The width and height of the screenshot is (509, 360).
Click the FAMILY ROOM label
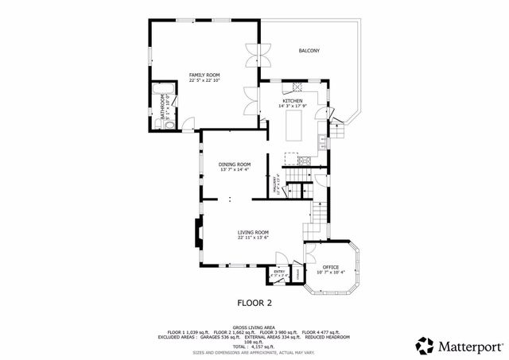tap(204, 74)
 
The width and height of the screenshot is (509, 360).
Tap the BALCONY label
tap(309, 51)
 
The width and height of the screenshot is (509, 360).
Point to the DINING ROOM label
tap(235, 165)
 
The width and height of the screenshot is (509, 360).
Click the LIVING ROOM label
tap(252, 232)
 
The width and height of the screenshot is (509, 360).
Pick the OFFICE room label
tap(331, 267)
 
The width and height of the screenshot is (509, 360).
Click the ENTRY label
tap(279, 272)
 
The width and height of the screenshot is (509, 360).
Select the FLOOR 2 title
tap(254, 303)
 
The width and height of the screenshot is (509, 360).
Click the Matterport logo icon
tap(424, 346)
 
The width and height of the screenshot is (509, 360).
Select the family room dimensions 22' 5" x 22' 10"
tap(204, 80)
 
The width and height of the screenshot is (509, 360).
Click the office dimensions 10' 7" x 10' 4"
tap(331, 273)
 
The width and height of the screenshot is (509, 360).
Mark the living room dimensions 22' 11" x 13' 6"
tap(252, 238)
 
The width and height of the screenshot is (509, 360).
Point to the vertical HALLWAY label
tap(275, 187)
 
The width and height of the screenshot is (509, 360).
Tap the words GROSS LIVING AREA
tap(254, 326)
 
